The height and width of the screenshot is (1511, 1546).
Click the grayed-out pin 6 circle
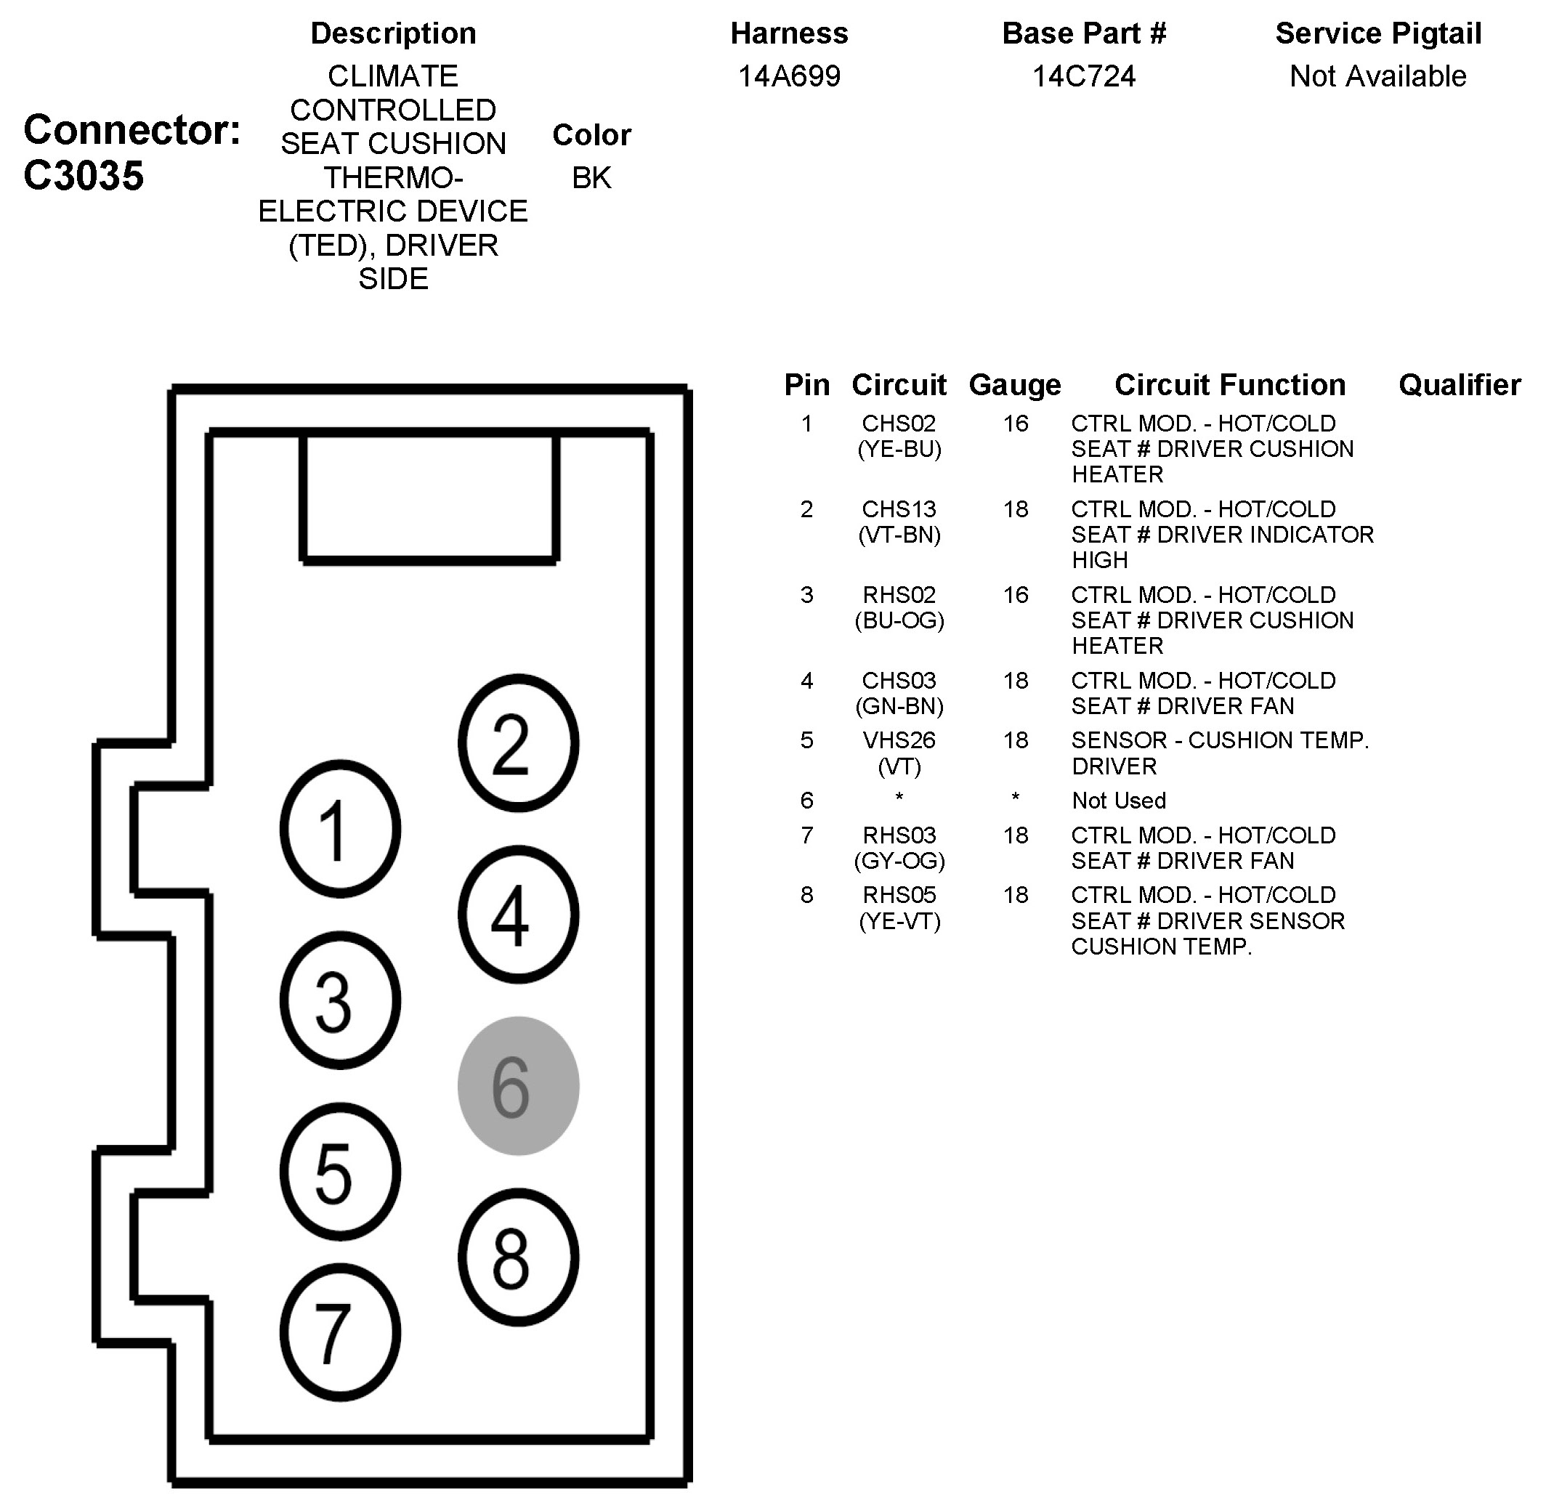coord(518,1085)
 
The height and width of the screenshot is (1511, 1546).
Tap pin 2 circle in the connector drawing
coord(518,743)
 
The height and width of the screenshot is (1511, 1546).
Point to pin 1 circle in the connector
coord(340,829)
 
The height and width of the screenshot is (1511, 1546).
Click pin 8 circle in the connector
coord(518,1257)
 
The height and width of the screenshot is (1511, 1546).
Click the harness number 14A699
coord(789,76)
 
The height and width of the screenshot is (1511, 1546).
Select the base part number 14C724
coord(1083,76)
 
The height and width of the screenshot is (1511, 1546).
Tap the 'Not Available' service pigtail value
coord(1377,76)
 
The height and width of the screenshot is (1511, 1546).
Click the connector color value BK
coord(591,178)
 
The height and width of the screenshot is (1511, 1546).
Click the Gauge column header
coord(1015,385)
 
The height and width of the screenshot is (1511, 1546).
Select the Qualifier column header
coord(1460,385)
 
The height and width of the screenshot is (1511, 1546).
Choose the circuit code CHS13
coord(899,509)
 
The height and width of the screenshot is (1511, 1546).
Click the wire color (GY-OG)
coord(899,861)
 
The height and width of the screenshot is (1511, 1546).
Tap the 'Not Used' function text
coord(1119,801)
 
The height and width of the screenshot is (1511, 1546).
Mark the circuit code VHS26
coord(899,740)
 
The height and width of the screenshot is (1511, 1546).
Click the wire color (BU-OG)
coord(899,620)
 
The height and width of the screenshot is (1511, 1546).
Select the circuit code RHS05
coord(899,895)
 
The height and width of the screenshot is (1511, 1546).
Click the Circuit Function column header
coord(1230,385)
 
